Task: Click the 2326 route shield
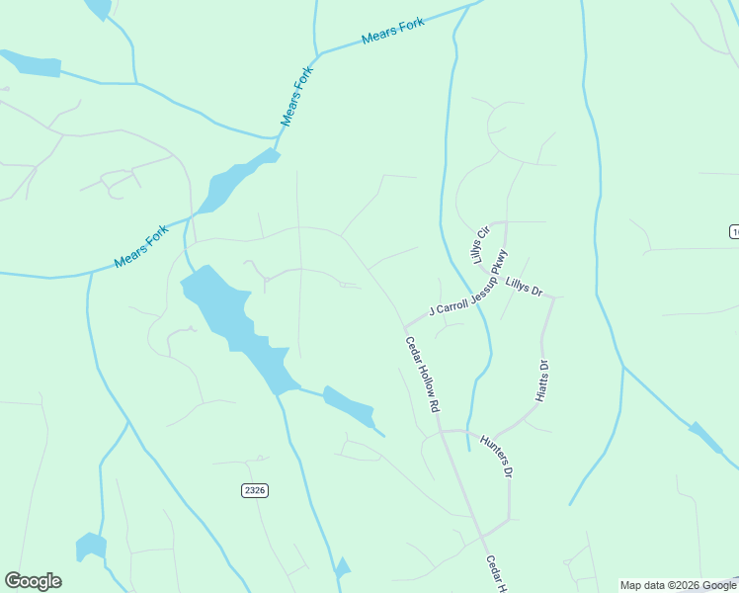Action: pyautogui.click(x=255, y=490)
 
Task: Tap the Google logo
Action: pyautogui.click(x=34, y=581)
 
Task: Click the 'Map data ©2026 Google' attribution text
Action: pyautogui.click(x=679, y=585)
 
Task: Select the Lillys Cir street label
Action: pyautogui.click(x=480, y=244)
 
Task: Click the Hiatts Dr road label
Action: pyautogui.click(x=541, y=381)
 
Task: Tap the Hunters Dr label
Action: pyautogui.click(x=497, y=456)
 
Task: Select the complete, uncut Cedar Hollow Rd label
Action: pyautogui.click(x=422, y=374)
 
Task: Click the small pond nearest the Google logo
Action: pyautogui.click(x=90, y=547)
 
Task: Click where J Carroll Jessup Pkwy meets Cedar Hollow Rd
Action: pyautogui.click(x=404, y=327)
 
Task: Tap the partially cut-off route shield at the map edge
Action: pyautogui.click(x=734, y=231)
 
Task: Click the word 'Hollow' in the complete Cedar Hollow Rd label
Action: pyautogui.click(x=422, y=376)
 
